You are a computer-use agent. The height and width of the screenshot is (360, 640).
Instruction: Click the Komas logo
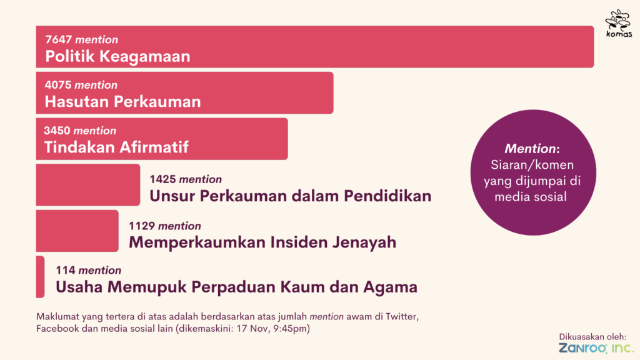tap(619, 24)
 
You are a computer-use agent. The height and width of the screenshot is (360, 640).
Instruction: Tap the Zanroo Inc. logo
tap(596, 348)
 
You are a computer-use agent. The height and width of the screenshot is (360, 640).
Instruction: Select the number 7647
tap(59, 39)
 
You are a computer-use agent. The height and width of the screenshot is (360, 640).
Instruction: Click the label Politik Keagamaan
tap(117, 56)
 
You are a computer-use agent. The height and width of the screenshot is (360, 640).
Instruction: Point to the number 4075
tap(58, 85)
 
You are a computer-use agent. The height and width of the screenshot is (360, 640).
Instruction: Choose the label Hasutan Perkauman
tap(123, 102)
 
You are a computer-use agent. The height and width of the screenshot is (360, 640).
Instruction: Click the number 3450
tap(57, 131)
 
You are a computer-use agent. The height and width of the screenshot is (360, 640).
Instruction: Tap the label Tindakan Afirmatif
tap(116, 147)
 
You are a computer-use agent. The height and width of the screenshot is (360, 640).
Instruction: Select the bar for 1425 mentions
tap(87, 185)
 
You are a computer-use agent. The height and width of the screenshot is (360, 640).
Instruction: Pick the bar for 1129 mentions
tap(77, 231)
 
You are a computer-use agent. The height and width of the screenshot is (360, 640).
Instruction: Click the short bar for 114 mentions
tap(40, 277)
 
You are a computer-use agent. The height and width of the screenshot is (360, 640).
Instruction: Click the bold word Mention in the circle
tap(530, 149)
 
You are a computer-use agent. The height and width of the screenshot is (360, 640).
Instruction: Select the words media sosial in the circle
tap(531, 197)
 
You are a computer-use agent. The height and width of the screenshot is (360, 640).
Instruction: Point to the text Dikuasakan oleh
tap(592, 337)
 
